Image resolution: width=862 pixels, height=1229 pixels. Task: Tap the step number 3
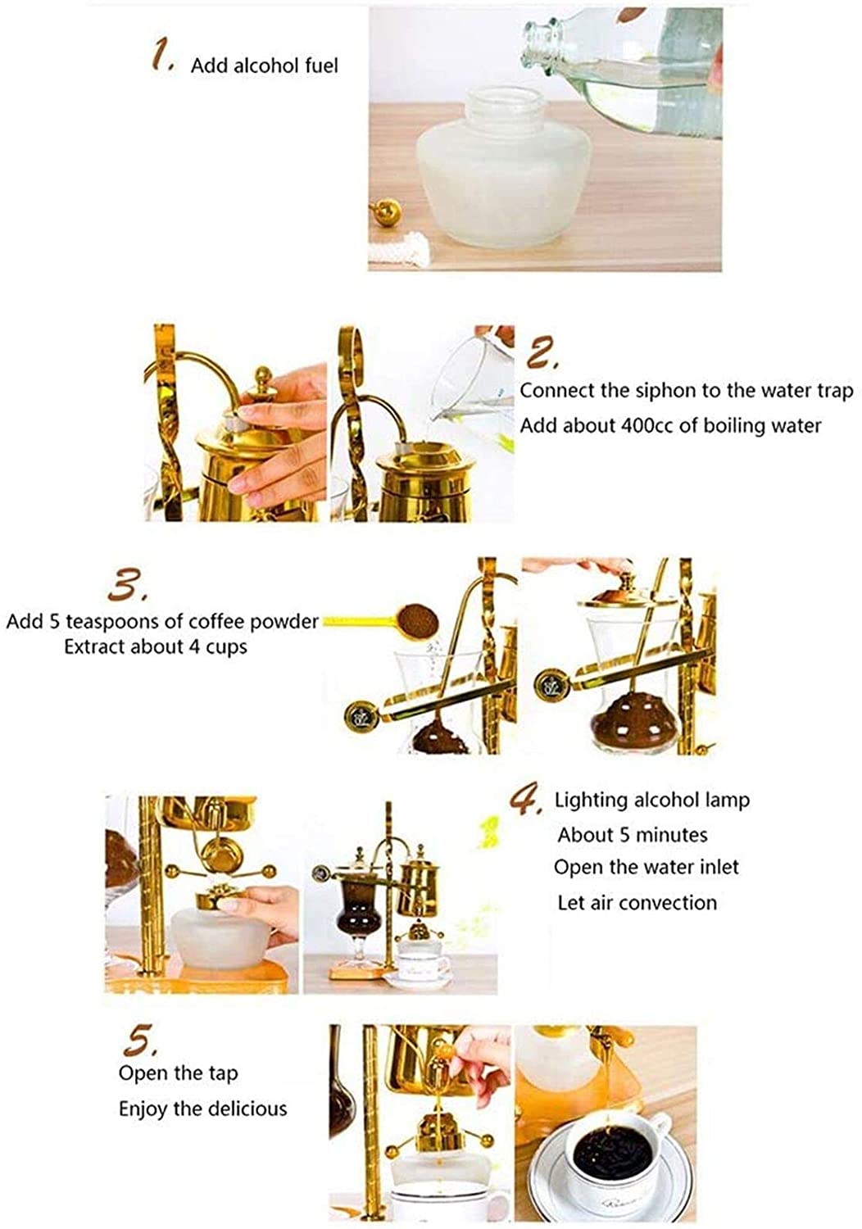(x=128, y=585)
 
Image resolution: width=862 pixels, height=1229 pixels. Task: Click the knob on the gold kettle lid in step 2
(x=263, y=379)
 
